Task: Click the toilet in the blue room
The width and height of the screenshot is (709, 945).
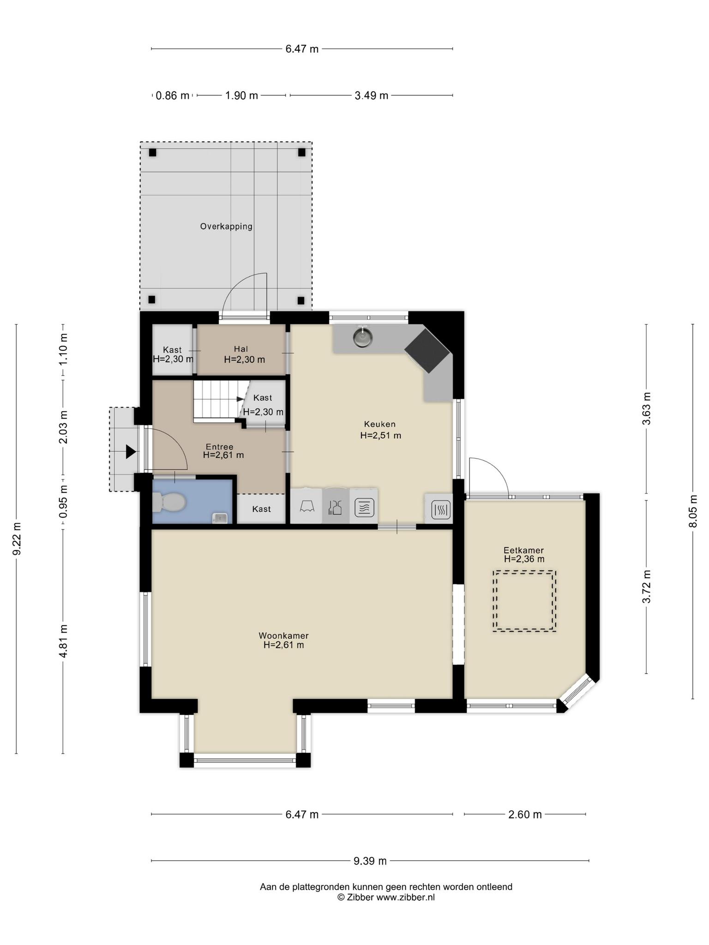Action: [169, 502]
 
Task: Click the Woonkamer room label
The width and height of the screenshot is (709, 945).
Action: [283, 635]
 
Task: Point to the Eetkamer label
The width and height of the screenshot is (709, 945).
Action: [523, 550]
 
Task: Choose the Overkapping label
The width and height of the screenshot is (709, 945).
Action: [226, 227]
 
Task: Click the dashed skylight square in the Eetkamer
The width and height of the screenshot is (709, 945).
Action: [524, 601]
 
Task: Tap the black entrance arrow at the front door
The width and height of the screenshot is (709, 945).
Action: [131, 452]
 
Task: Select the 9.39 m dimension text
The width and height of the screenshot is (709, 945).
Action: [370, 861]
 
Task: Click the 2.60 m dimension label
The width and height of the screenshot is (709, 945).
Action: [525, 814]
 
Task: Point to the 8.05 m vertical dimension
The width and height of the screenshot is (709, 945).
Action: [692, 511]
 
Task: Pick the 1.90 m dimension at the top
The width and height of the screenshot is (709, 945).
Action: [241, 96]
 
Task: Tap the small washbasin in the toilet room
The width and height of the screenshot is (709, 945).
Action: [220, 518]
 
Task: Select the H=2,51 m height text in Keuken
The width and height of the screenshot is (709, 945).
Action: [381, 435]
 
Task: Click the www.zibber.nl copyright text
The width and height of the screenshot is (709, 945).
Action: [386, 897]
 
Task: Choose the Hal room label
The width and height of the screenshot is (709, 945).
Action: [241, 349]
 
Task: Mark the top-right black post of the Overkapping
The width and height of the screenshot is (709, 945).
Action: [302, 152]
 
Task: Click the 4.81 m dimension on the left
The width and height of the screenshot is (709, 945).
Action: [63, 641]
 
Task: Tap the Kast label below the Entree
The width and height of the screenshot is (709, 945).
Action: [262, 509]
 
